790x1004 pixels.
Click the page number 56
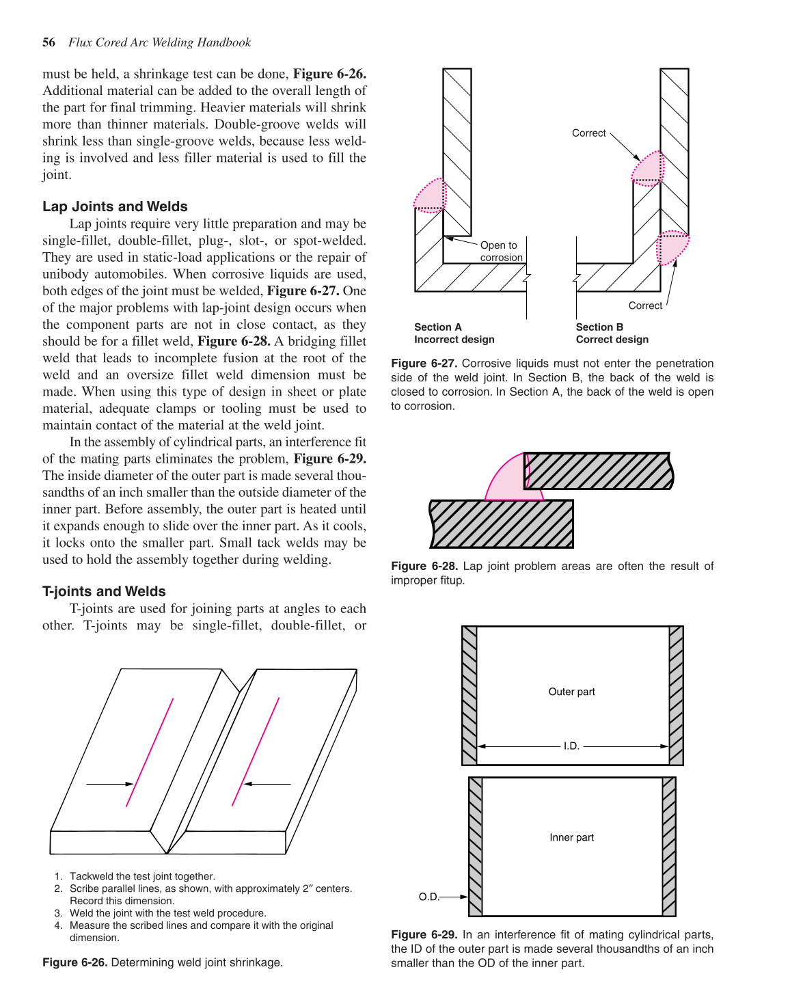click(49, 42)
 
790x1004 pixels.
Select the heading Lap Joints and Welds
click(115, 206)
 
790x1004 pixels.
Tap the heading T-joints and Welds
click(104, 591)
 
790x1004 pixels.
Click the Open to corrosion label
click(501, 252)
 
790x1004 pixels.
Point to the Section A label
click(438, 327)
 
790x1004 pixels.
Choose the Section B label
click(599, 327)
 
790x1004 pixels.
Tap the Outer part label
click(571, 692)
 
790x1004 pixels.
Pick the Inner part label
click(571, 837)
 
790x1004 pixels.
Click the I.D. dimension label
click(571, 746)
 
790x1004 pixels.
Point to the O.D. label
click(428, 897)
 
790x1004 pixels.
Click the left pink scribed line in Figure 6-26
click(150, 752)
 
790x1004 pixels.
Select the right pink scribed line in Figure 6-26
click(256, 752)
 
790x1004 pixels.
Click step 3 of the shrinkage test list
click(167, 913)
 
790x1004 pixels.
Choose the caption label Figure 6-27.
click(424, 364)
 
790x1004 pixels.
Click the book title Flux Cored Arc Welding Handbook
click(159, 42)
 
